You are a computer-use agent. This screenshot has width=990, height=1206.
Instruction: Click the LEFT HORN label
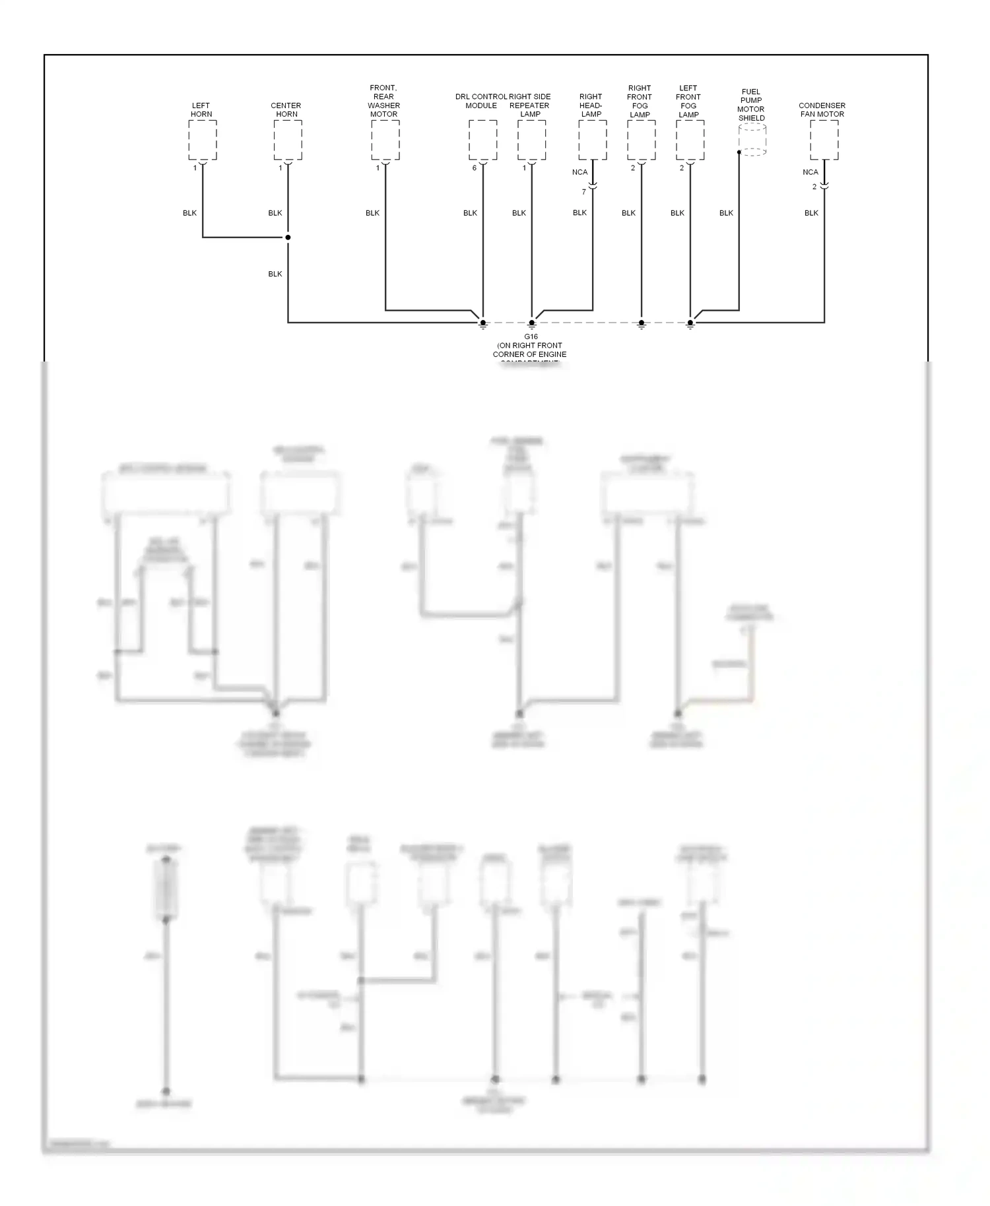[201, 110]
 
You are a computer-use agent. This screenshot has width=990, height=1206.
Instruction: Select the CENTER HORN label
[286, 110]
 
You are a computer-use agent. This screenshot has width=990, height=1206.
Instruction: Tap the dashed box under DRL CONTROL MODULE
[482, 139]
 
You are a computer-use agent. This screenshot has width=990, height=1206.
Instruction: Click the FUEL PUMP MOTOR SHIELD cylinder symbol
[752, 140]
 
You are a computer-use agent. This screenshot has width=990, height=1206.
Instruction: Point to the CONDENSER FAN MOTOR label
[822, 110]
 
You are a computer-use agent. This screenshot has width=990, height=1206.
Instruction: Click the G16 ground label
[531, 337]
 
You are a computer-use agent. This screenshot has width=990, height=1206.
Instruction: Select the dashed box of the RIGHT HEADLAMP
[592, 139]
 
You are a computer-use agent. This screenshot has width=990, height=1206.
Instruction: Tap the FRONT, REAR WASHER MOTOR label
[383, 101]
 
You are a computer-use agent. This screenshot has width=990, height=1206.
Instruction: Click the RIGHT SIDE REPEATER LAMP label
[530, 106]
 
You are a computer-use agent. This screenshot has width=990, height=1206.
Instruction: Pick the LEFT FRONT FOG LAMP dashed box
[690, 139]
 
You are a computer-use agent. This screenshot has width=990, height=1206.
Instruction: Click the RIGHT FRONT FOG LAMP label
[640, 101]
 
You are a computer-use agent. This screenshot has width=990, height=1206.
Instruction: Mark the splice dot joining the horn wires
[288, 238]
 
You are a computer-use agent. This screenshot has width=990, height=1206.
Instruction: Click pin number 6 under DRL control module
[475, 168]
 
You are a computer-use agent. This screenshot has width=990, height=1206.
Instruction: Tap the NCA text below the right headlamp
[579, 172]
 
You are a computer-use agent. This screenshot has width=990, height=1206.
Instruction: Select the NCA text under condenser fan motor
[810, 172]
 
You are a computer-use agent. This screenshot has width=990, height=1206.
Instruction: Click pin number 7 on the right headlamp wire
[583, 192]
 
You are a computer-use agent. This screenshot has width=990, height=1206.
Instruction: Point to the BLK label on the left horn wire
[189, 213]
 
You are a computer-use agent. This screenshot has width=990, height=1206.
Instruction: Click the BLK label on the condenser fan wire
[811, 213]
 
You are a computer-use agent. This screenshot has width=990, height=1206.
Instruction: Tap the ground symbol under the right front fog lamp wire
[641, 325]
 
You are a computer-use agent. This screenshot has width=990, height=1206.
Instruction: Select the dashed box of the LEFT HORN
[202, 139]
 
